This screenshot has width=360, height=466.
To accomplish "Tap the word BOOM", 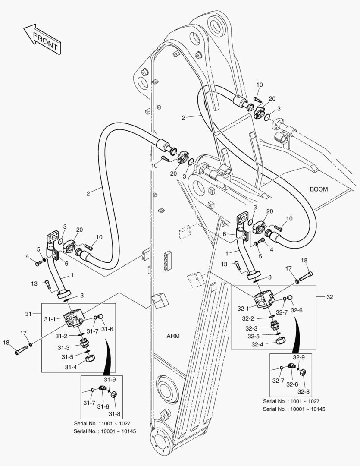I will (319, 189).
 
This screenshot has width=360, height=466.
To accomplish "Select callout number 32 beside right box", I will (330, 297).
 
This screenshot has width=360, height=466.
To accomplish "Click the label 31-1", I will (50, 319).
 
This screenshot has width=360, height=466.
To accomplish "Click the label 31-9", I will (111, 379).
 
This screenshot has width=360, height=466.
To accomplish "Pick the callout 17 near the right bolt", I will (288, 269).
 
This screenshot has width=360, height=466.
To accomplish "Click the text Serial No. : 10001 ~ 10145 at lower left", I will (105, 431).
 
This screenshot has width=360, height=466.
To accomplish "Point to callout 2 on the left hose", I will (88, 194).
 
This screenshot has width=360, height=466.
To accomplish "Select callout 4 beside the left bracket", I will (27, 257).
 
